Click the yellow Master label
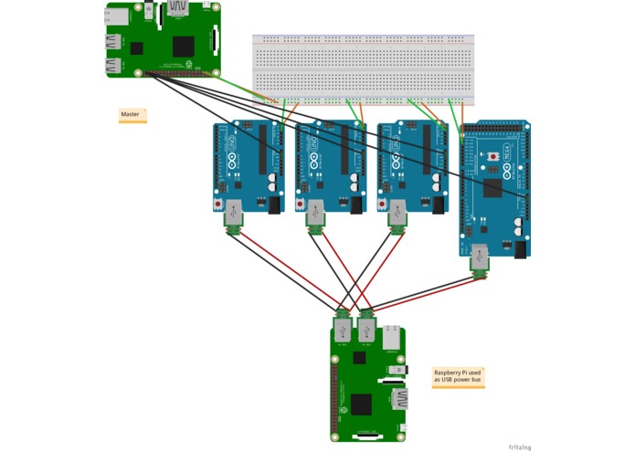pyautogui.click(x=132, y=115)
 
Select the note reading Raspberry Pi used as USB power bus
pyautogui.click(x=458, y=376)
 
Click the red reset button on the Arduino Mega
pyautogui.click(x=494, y=157)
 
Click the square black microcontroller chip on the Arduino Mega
pyautogui.click(x=493, y=189)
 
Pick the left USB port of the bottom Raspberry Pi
pyautogui.click(x=343, y=329)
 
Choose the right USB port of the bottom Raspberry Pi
pyautogui.click(x=366, y=329)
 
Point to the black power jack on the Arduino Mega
pyautogui.click(x=521, y=248)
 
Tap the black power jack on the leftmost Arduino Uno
pyautogui.click(x=274, y=205)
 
